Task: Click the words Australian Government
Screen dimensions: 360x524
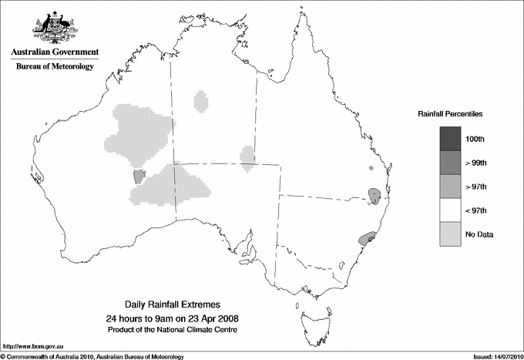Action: pyautogui.click(x=55, y=52)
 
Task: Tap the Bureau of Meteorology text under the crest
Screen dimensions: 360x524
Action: pyautogui.click(x=55, y=67)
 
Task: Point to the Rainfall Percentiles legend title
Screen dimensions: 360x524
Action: pyautogui.click(x=450, y=113)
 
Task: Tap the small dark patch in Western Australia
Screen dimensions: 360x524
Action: pyautogui.click(x=139, y=176)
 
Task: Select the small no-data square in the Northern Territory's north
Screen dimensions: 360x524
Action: pyautogui.click(x=202, y=100)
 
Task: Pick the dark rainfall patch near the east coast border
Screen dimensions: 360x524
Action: pyautogui.click(x=373, y=193)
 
